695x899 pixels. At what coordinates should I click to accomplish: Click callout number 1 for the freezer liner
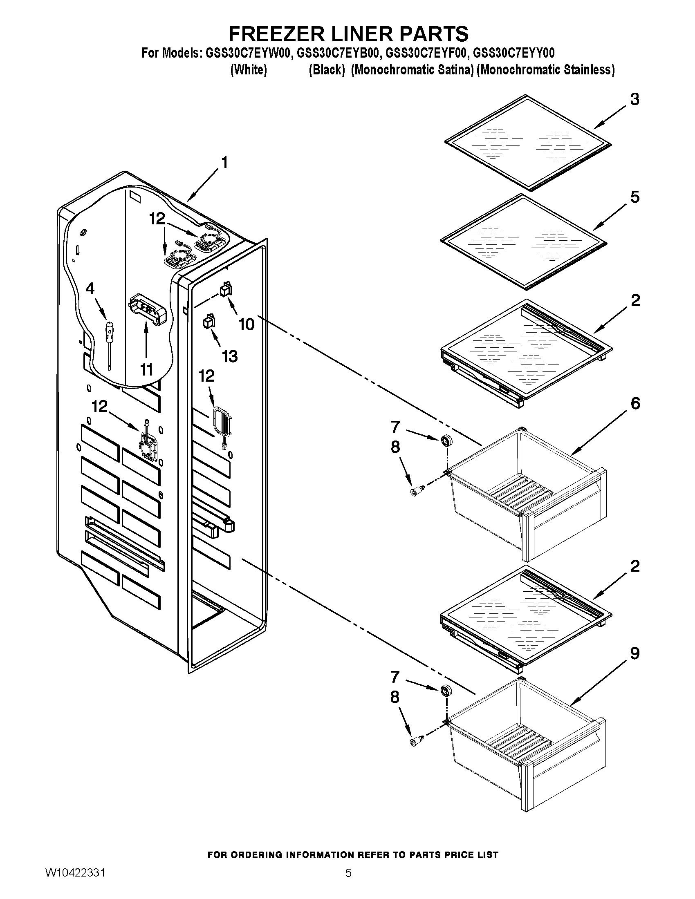pos(224,163)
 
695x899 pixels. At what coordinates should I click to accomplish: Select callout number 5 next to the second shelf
pos(634,197)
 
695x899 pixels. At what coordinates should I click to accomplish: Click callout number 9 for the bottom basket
pos(634,653)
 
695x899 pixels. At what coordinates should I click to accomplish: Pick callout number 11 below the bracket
pos(146,370)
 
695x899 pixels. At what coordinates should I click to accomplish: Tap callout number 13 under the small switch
pos(230,356)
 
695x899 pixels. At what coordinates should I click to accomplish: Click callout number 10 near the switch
pos(247,324)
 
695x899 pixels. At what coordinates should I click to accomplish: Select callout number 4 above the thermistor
pos(90,288)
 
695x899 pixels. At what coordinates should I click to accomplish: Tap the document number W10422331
pos(75,884)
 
